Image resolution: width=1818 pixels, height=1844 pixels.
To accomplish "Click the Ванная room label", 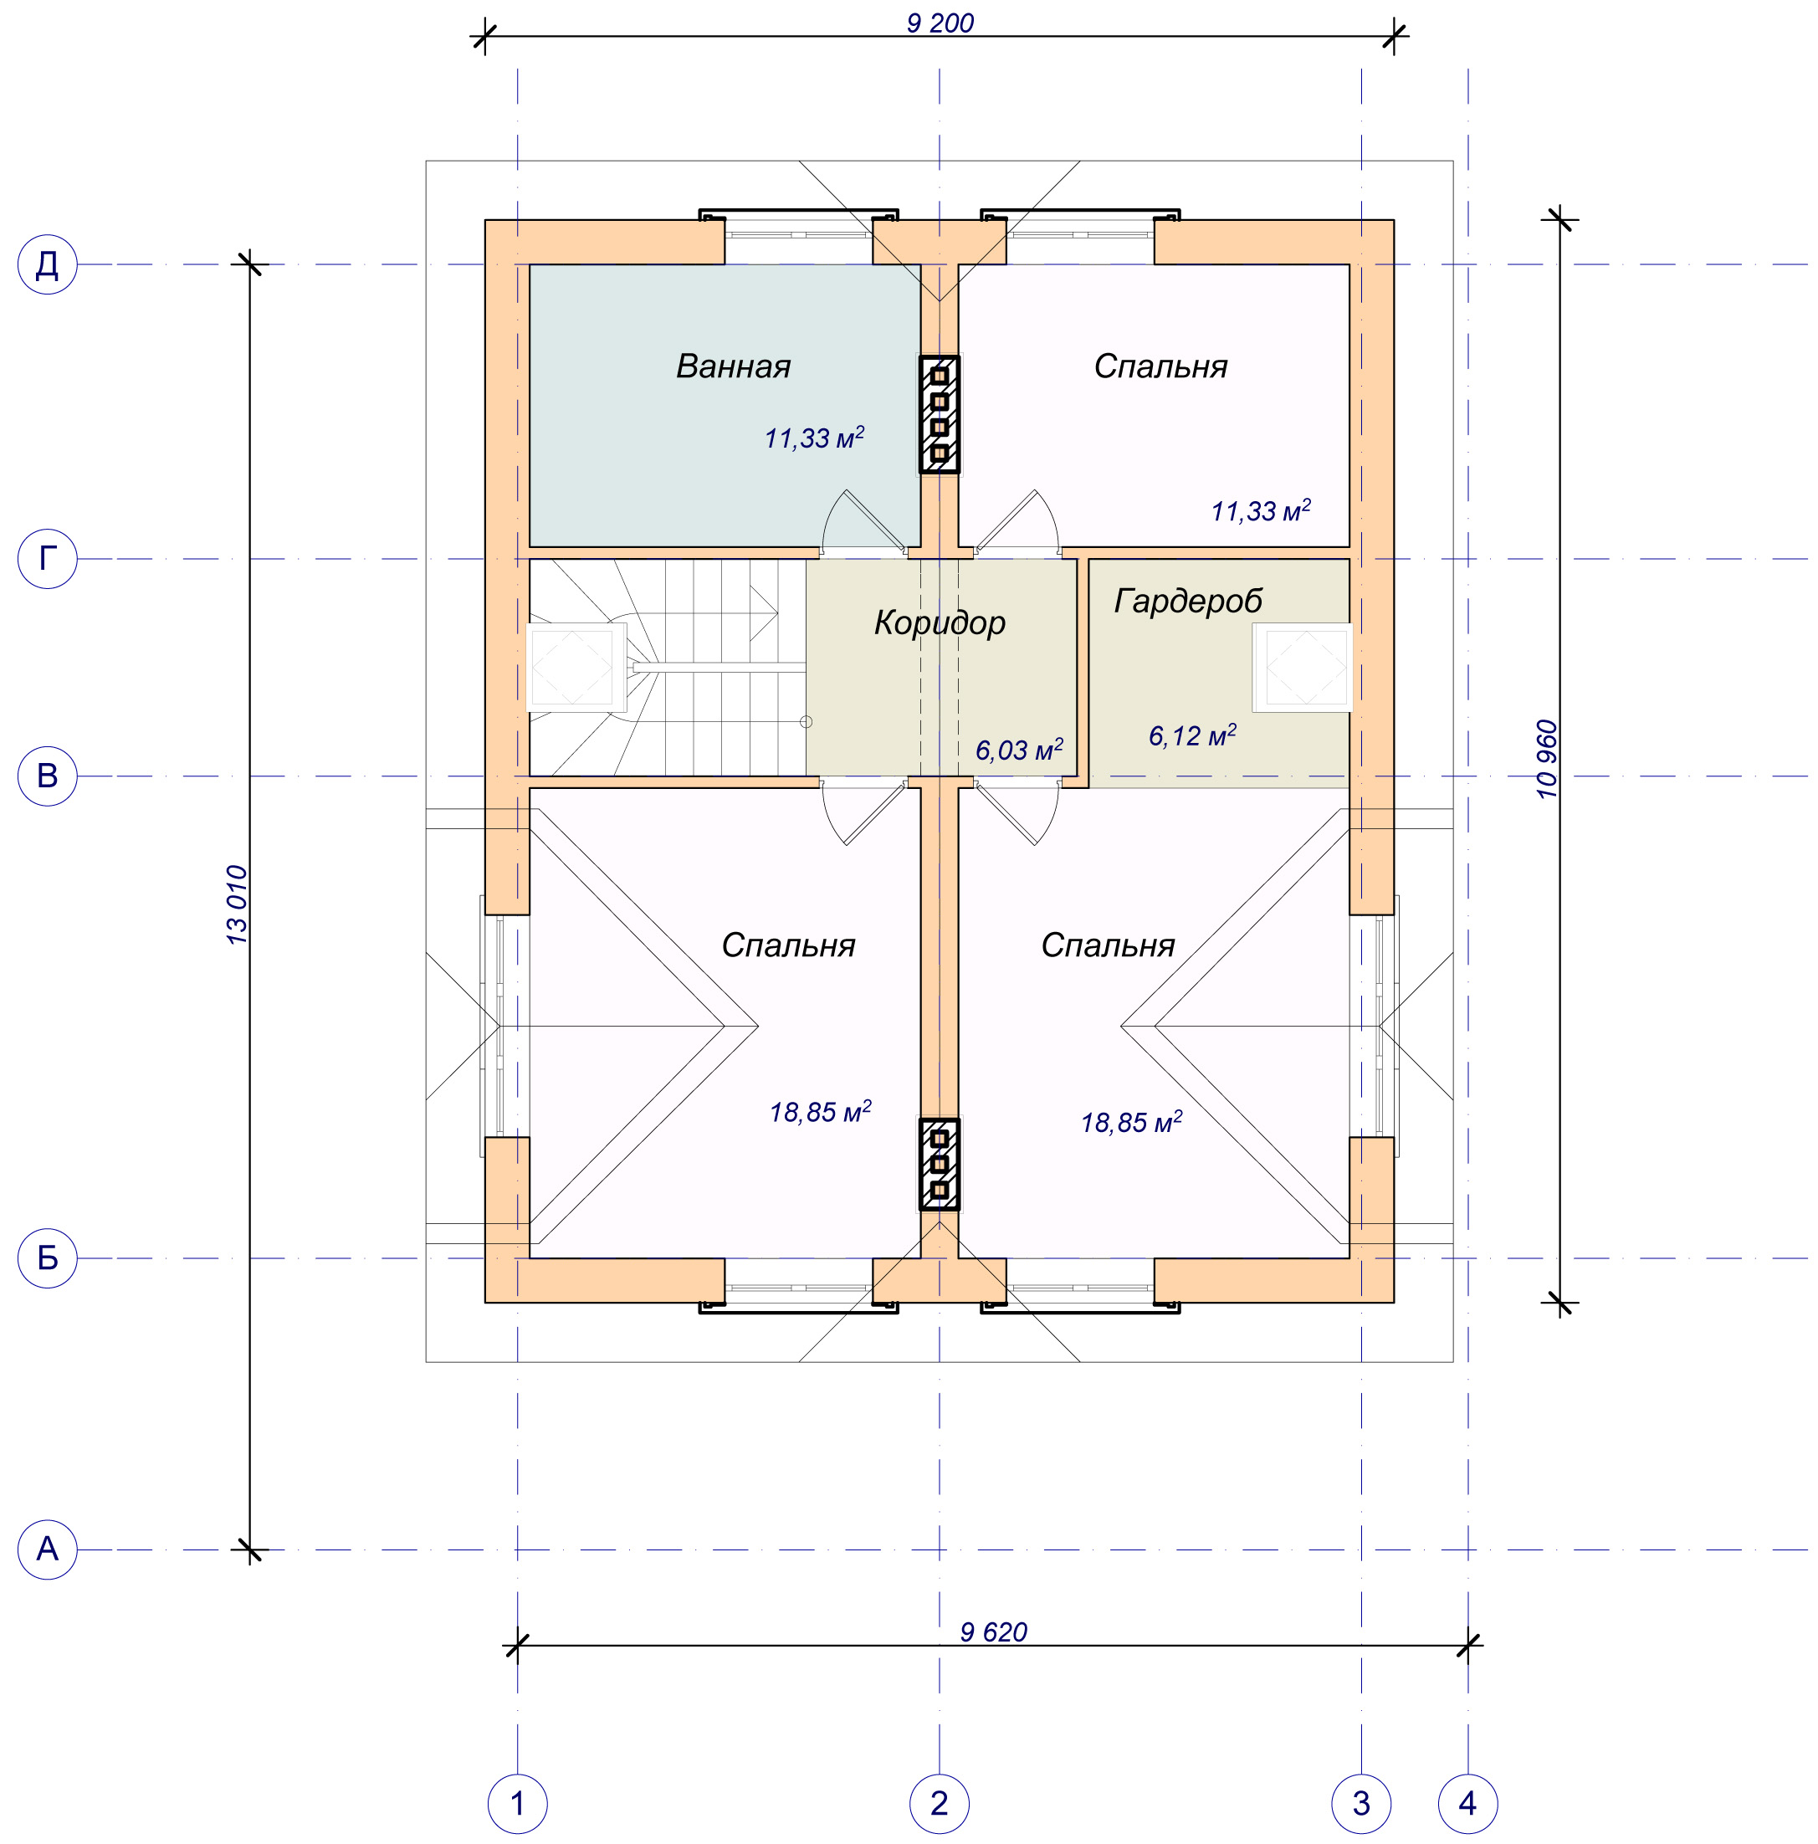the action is click(733, 366).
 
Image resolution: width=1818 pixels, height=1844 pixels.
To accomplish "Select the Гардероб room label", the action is click(1188, 602).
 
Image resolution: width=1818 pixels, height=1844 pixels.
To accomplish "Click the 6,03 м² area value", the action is click(1018, 750).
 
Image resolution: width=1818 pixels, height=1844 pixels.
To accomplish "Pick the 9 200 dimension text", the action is click(940, 23).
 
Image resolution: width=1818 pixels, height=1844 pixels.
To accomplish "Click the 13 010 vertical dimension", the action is click(237, 904).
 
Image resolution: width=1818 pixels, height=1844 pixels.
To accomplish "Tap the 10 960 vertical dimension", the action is click(1547, 759).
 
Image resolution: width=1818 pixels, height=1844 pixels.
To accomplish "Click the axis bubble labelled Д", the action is click(47, 264).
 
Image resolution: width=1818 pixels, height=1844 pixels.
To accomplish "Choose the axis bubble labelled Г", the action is click(47, 558).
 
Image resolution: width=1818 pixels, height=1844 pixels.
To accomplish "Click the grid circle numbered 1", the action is click(517, 1804).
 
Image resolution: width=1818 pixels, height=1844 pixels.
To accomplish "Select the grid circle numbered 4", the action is click(1467, 1804).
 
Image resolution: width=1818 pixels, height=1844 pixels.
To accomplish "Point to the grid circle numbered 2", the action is click(939, 1804).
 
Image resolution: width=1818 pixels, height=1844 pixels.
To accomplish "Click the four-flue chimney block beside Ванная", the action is click(939, 414).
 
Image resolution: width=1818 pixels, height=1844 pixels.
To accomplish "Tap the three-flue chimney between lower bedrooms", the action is click(939, 1165).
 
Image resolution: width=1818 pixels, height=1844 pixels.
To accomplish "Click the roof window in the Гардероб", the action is click(1303, 667).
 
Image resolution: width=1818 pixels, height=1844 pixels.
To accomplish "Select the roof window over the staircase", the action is click(576, 667).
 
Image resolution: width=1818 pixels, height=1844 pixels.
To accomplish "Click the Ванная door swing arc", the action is click(828, 516).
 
